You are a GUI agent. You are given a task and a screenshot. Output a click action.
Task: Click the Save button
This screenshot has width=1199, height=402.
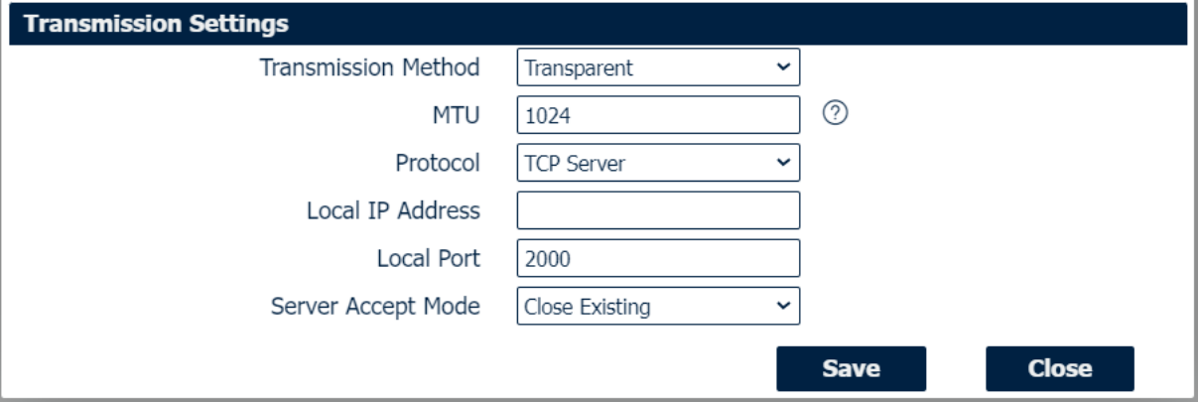coord(851,369)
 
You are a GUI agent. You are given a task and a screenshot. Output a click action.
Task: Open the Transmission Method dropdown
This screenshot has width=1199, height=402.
coord(657,68)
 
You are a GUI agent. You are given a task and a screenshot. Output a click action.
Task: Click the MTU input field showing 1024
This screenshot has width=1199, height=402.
coord(657,115)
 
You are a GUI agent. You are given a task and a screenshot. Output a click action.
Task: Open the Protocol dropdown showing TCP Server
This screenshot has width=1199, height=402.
coord(657,163)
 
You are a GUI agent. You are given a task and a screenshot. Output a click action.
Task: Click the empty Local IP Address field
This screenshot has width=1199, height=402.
coord(657,210)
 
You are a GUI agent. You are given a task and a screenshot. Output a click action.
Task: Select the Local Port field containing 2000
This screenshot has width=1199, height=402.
coord(657,258)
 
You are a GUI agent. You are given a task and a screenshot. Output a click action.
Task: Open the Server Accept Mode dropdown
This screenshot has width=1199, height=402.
coord(657,307)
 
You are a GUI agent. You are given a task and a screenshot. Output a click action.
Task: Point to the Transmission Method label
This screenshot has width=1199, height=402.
coord(369,68)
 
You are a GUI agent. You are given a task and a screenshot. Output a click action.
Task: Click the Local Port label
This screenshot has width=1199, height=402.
coord(428,258)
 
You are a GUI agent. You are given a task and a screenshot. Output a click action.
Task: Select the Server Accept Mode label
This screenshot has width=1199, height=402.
coord(375,307)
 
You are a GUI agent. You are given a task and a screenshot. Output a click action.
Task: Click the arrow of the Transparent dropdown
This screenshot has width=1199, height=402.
coord(782,68)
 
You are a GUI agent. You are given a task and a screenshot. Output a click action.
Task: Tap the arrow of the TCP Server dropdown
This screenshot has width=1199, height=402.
coord(782,163)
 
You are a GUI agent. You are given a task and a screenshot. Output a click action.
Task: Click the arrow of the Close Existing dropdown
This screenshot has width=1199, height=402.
coord(782,307)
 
